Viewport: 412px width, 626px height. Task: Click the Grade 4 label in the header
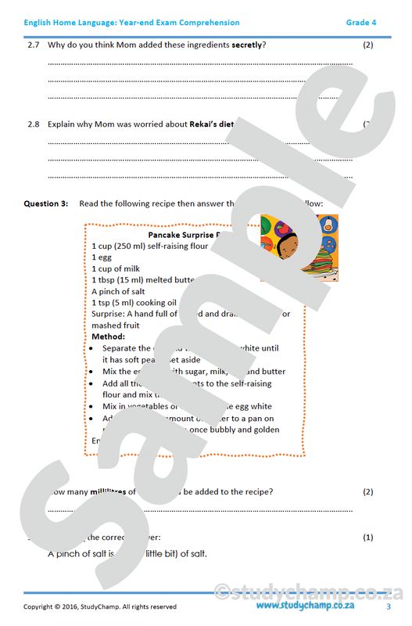coord(361,23)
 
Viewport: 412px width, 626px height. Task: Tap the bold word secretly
coord(247,45)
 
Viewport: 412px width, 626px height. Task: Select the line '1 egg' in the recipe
coord(102,257)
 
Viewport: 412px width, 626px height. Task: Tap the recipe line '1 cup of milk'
coord(117,268)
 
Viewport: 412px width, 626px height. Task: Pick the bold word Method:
coord(109,336)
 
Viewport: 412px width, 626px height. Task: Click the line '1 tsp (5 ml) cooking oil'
coord(134,303)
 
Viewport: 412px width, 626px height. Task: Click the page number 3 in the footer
coord(389,606)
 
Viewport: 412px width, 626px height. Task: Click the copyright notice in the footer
coord(100,606)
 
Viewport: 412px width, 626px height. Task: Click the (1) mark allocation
coord(368,538)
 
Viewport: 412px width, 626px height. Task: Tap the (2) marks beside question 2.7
coord(368,45)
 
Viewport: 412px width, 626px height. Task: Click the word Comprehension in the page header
coord(205,23)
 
